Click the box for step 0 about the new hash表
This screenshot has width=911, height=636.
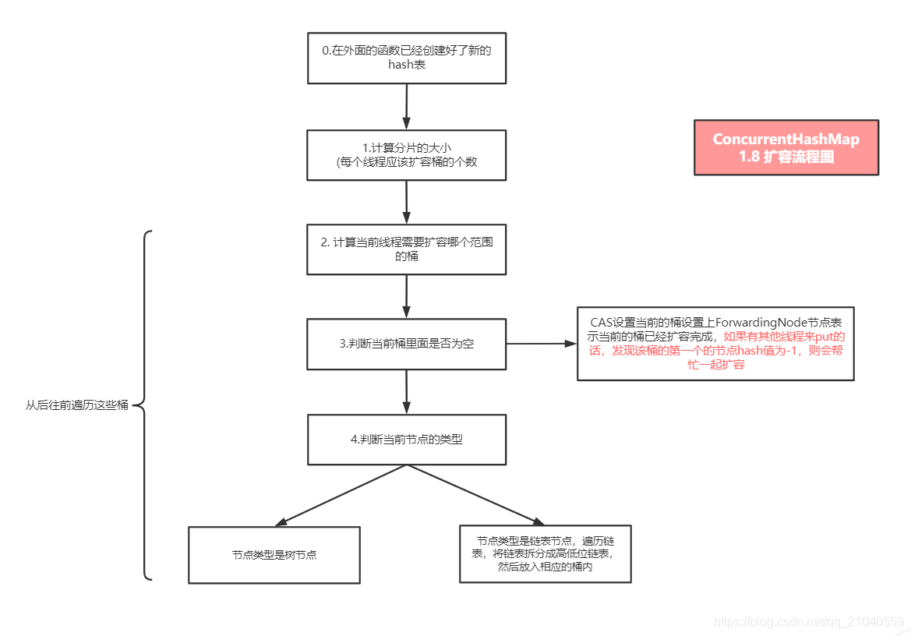click(x=407, y=57)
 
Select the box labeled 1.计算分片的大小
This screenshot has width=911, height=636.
click(x=407, y=155)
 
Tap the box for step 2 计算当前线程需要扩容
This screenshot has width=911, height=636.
click(x=407, y=249)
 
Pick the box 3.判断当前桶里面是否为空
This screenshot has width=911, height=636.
click(x=407, y=344)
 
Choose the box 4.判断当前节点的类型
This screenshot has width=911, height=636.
click(x=407, y=439)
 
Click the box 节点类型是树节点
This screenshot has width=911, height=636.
click(x=274, y=555)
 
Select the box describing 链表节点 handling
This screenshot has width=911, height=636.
click(x=545, y=553)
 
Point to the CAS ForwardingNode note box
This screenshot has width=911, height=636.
click(x=715, y=343)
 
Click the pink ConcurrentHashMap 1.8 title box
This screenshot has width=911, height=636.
click(x=786, y=147)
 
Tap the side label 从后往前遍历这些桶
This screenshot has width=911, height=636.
click(x=76, y=405)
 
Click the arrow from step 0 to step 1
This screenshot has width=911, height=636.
click(x=407, y=105)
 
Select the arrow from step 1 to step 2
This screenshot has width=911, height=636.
click(x=407, y=201)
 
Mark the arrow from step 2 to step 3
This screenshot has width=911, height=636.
click(x=407, y=296)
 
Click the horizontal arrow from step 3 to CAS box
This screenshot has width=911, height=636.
click(x=540, y=343)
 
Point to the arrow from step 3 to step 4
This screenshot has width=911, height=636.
click(x=407, y=391)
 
